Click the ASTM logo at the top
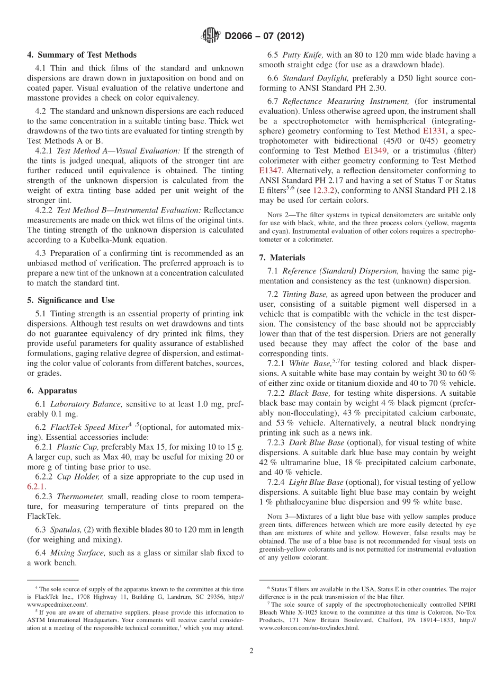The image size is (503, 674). pos(211,36)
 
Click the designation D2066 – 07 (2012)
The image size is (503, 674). pos(264,37)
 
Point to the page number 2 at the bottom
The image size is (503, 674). pos(251,651)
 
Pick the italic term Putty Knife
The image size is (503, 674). pos(300,55)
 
